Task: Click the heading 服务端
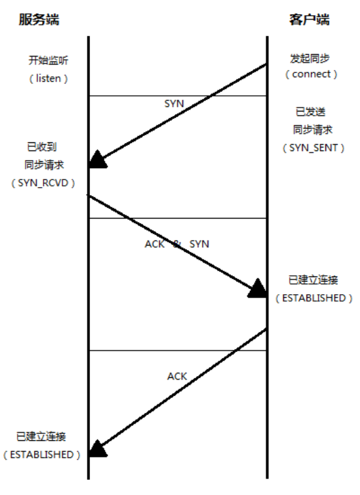point(39,20)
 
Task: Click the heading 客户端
point(309,20)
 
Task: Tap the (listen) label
point(48,78)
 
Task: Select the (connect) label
point(312,74)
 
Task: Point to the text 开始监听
point(48,60)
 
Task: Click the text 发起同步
point(310,59)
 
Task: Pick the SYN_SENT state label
point(313,148)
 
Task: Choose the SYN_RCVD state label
point(43,183)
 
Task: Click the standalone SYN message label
point(174,103)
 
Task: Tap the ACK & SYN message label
point(177,244)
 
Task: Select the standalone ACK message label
point(177,377)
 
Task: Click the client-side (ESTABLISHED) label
point(314,298)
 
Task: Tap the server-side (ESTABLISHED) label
point(42,455)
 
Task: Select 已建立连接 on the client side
point(313,280)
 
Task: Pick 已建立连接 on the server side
point(41,436)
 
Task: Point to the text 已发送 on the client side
point(310,111)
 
